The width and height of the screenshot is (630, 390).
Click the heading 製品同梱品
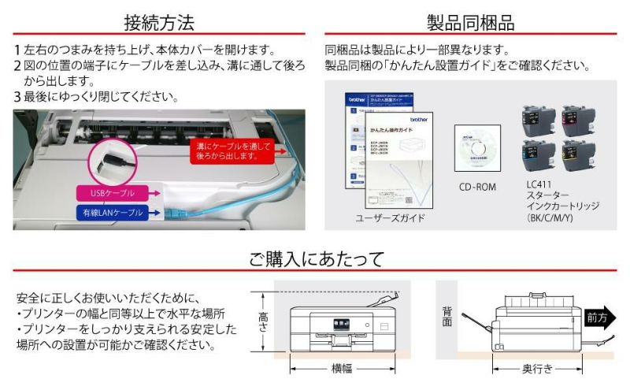[470, 20]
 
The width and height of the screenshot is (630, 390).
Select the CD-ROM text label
[477, 188]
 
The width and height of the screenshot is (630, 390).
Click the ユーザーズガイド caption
[390, 217]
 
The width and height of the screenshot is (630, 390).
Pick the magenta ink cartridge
[578, 121]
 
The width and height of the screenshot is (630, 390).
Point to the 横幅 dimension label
[341, 368]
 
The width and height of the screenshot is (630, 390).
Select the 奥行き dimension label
[537, 368]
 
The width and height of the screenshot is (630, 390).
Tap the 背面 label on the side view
[447, 317]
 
